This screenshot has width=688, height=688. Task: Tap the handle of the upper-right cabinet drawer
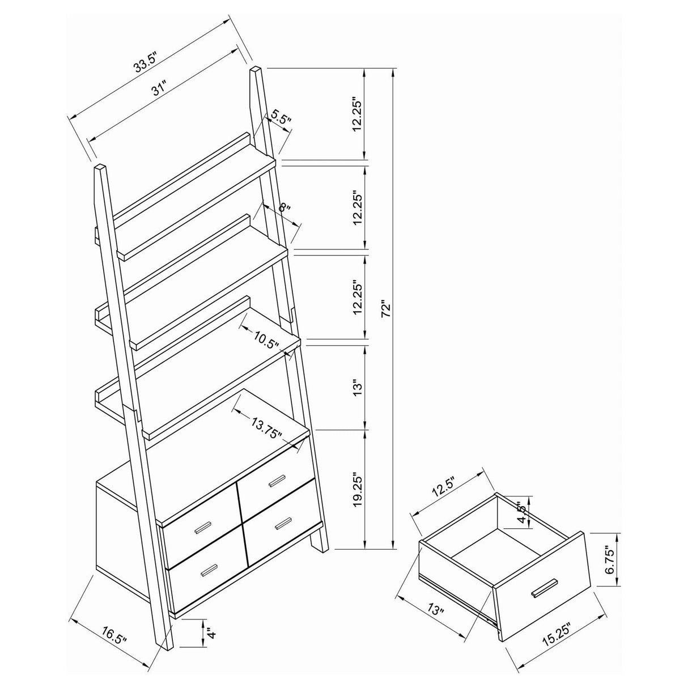[278, 481]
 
